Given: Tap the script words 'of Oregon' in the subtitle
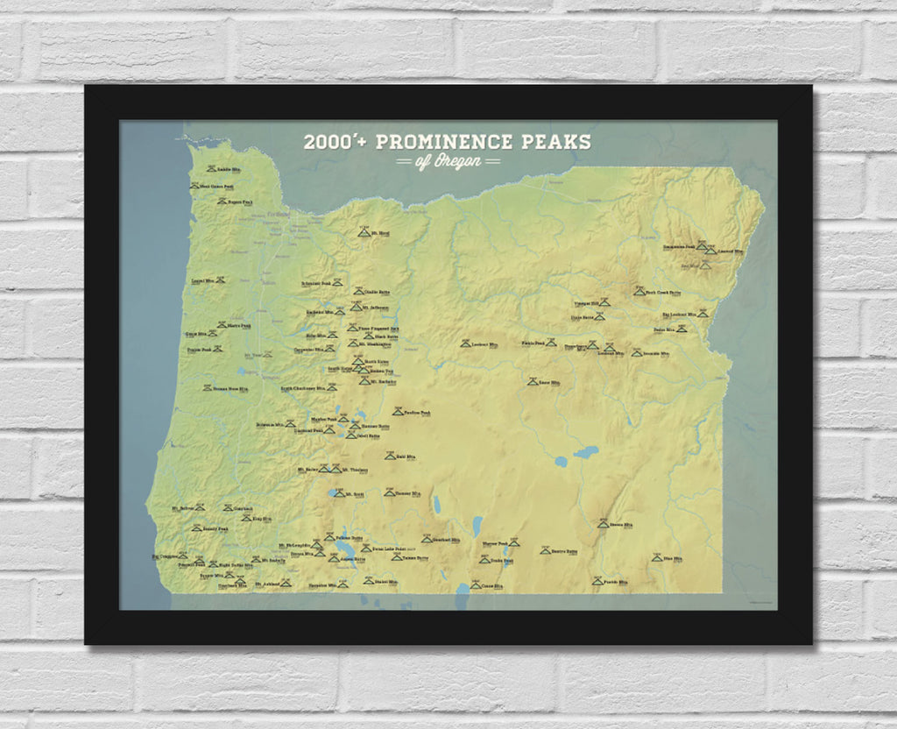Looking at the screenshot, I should click(x=448, y=162).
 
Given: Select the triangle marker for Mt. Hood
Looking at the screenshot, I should click(x=364, y=234).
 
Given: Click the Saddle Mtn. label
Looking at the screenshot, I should click(x=229, y=169).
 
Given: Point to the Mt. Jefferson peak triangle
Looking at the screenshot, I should click(x=356, y=307).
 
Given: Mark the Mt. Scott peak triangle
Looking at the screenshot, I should click(x=340, y=493).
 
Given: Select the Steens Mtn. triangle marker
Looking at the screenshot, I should click(x=603, y=524).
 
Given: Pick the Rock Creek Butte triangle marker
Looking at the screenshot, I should click(x=639, y=291).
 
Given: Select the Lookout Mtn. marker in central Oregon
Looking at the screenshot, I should click(x=465, y=343).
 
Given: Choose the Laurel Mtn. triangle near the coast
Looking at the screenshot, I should click(x=221, y=280).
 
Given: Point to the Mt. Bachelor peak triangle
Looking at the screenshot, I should click(x=365, y=381).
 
